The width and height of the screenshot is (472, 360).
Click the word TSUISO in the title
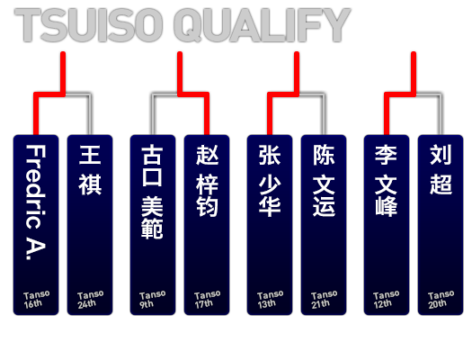(89, 25)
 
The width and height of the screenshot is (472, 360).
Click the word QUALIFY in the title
(262, 25)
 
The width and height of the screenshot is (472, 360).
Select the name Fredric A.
(36, 202)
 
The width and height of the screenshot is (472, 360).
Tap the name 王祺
(90, 170)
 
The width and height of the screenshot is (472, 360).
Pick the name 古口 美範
(152, 192)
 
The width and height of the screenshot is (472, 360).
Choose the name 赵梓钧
(207, 181)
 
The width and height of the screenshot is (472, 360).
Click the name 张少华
(270, 181)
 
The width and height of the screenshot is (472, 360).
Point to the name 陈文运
(324, 181)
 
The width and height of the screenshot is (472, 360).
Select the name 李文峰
(387, 181)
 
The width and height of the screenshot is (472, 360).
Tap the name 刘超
(441, 170)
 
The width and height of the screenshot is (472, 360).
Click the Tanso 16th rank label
(37, 300)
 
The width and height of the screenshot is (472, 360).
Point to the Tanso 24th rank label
(90, 300)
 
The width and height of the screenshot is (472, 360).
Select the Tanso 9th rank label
(152, 300)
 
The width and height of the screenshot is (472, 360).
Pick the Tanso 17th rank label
(207, 300)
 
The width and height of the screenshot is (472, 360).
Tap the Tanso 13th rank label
(270, 300)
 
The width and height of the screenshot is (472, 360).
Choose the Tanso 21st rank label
(324, 300)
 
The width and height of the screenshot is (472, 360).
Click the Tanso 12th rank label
(387, 300)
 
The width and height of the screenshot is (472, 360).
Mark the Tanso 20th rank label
(441, 300)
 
